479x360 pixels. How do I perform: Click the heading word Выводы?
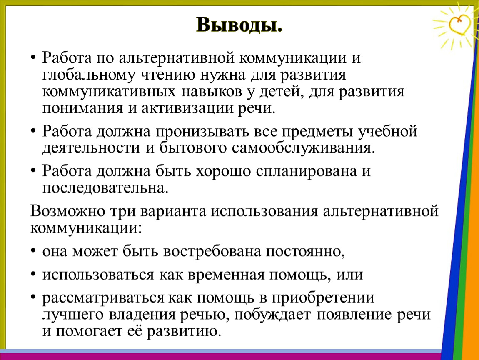(239, 25)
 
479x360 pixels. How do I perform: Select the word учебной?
(388, 132)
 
